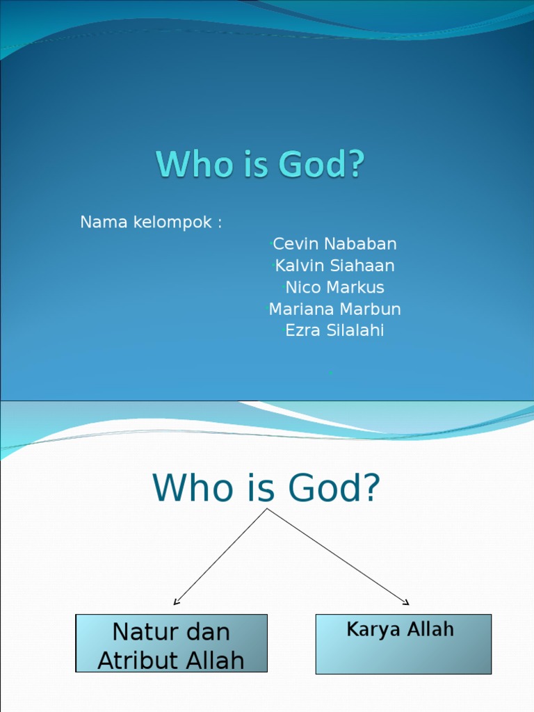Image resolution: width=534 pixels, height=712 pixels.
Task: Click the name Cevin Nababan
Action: pos(334,244)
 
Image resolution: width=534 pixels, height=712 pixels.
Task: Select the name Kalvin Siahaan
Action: pos(334,266)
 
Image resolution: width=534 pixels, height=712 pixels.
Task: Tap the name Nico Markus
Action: pos(334,287)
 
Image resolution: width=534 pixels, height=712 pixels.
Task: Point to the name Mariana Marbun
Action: pos(334,309)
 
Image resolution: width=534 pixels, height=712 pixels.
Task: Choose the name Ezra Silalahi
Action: pos(334,330)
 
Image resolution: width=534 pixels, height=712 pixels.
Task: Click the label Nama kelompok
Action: pos(151,222)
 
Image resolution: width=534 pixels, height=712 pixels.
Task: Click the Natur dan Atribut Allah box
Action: pos(171,643)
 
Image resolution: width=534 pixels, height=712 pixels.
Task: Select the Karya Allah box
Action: pos(403,644)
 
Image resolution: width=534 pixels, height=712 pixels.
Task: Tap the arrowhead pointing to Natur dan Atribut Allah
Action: pos(176,602)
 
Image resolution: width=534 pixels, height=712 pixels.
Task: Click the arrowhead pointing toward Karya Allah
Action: pos(406,602)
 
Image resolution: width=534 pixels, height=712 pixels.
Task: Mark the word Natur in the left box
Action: pos(140,632)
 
